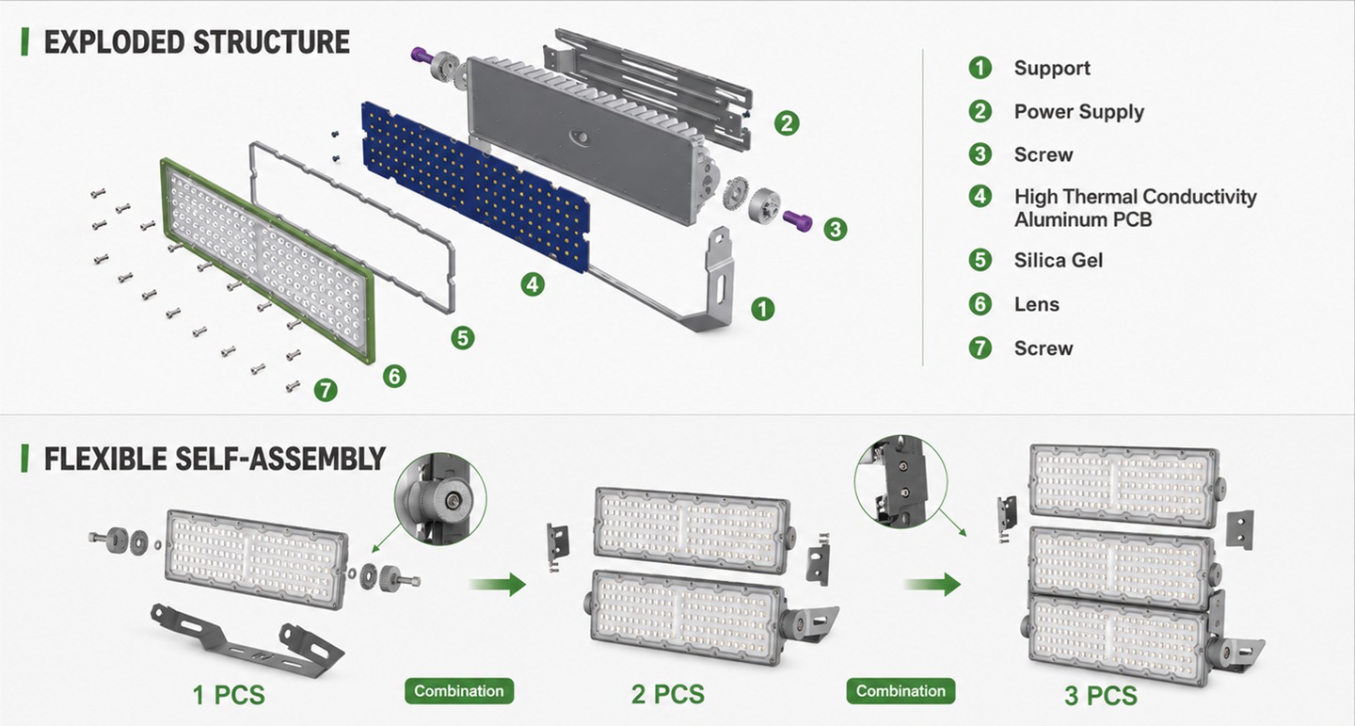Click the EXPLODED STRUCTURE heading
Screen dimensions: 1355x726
point(197,42)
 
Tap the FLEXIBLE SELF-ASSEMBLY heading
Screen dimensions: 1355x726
point(215,459)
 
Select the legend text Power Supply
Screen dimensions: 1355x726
point(1079,112)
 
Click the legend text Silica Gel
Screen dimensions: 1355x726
point(1059,261)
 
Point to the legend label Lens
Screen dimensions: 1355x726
point(1037,304)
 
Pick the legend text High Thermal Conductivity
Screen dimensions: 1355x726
point(1136,197)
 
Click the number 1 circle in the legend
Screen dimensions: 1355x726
point(980,67)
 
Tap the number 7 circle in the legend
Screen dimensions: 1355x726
point(980,347)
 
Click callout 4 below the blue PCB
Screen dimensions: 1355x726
point(533,284)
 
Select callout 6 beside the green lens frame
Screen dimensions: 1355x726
point(394,376)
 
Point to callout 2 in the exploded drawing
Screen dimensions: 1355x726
point(787,123)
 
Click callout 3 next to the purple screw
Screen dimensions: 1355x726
point(836,229)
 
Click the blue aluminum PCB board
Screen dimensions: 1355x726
point(475,186)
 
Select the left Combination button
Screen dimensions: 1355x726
point(459,691)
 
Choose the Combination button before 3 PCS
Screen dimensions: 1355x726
point(901,691)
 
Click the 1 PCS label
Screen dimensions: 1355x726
point(229,695)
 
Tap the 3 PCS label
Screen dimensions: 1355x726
point(1101,696)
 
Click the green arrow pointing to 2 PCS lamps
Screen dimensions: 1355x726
point(497,585)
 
